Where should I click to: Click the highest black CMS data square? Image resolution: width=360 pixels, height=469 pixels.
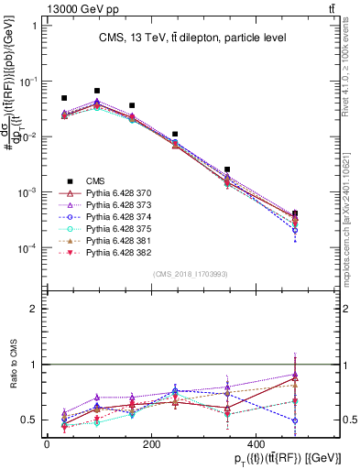tap(97, 91)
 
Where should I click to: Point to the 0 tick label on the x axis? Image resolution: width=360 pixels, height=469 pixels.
tap(47, 443)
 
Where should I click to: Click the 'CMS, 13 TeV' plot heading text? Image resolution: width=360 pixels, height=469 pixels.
tap(192, 38)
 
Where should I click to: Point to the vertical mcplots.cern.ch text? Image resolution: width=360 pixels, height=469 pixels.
tap(352, 202)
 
